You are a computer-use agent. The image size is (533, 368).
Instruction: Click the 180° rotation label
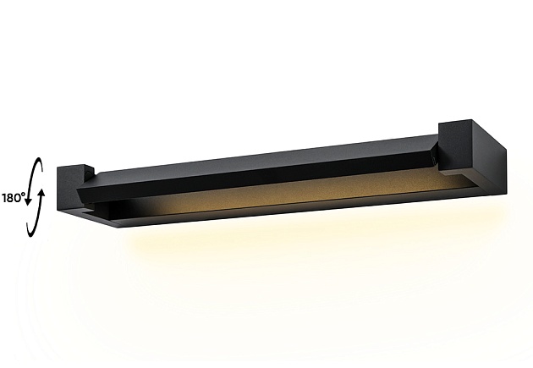pos(12,198)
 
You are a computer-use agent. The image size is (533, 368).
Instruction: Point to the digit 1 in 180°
pos(4,198)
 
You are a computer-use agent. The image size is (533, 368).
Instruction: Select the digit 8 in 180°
pos(10,198)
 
